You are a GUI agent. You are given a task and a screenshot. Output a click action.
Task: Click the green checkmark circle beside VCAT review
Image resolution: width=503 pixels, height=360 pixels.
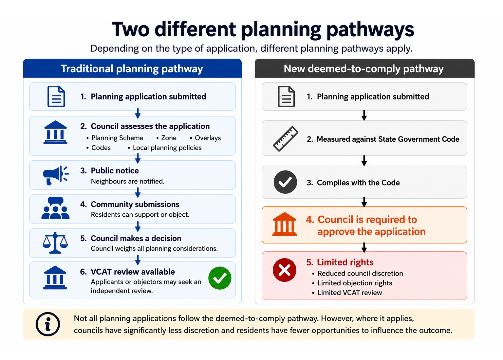coord(220,278)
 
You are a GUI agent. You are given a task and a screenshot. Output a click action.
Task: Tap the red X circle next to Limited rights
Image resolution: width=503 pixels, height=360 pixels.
coord(285,270)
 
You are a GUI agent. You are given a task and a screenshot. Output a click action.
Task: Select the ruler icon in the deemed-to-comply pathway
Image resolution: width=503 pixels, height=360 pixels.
coord(286,139)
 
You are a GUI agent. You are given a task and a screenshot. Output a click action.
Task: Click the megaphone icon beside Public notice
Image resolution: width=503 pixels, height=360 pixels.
coord(56,175)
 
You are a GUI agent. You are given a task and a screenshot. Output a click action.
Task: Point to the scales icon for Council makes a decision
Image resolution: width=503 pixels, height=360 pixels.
coord(55,243)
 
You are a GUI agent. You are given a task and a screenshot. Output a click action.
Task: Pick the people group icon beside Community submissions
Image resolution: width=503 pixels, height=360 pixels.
coord(55,208)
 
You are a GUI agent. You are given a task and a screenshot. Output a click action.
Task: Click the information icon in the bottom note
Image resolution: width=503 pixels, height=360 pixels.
coord(48,324)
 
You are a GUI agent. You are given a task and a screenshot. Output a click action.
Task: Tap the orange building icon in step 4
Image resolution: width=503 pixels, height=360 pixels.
coord(285,224)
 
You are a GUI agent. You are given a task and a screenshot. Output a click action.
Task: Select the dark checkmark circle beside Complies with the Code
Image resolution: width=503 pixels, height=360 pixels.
coord(285,182)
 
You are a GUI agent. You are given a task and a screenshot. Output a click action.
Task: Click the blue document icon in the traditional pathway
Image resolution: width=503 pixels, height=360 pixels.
coord(56,96)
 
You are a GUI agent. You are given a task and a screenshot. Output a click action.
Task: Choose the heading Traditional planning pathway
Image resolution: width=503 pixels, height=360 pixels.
coord(132,69)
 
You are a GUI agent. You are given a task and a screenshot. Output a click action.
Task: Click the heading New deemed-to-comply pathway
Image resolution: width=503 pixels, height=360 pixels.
coord(363,69)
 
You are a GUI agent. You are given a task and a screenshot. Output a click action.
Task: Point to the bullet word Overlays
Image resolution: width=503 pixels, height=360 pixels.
coord(208,138)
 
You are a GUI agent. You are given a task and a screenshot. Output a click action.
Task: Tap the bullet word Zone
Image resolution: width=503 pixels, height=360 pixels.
coord(169,138)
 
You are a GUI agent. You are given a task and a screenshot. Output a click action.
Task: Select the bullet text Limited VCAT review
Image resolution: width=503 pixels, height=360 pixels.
coord(350,293)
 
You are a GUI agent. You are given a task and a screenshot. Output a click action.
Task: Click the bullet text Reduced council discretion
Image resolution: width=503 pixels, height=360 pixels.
coord(360,273)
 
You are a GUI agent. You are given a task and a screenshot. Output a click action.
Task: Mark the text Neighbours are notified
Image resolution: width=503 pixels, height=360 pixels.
coord(127,181)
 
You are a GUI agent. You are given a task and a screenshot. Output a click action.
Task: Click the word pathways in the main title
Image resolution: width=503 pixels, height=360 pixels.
coord(370,30)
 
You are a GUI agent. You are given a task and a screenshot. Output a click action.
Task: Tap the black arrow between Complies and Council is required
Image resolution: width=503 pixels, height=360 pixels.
coord(364,202)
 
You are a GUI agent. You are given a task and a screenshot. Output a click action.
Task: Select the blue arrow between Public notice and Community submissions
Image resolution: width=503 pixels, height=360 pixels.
coord(138,192)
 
